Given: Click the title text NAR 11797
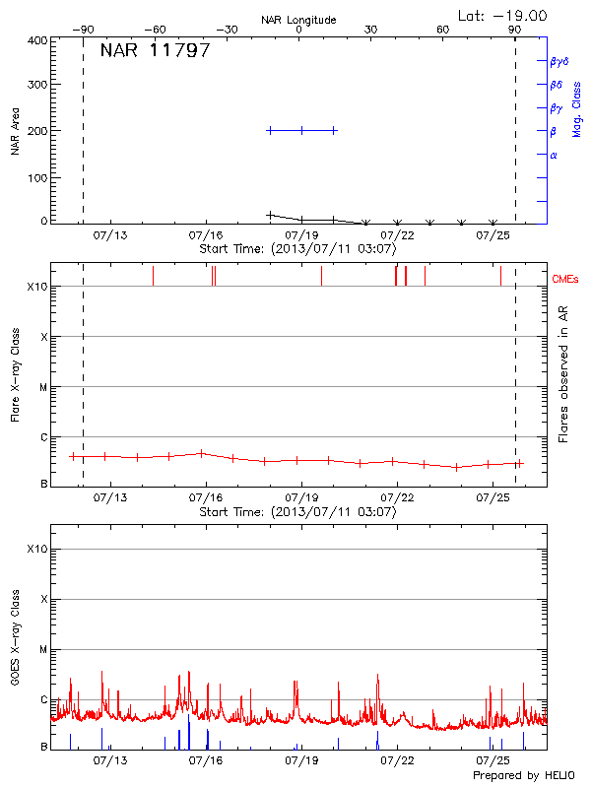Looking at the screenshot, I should [x=155, y=51].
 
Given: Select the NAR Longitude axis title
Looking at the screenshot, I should [x=298, y=20].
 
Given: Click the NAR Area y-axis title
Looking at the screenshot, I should [x=16, y=131].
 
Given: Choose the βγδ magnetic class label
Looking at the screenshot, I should [x=559, y=61].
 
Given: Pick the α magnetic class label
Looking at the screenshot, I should [x=554, y=155].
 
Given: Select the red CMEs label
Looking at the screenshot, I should [x=566, y=280].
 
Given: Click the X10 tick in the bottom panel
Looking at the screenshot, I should [x=37, y=549].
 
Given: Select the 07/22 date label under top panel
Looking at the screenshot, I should [x=396, y=236].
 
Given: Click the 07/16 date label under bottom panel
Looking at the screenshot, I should [x=205, y=761].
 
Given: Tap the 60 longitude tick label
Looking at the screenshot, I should [x=443, y=31].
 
